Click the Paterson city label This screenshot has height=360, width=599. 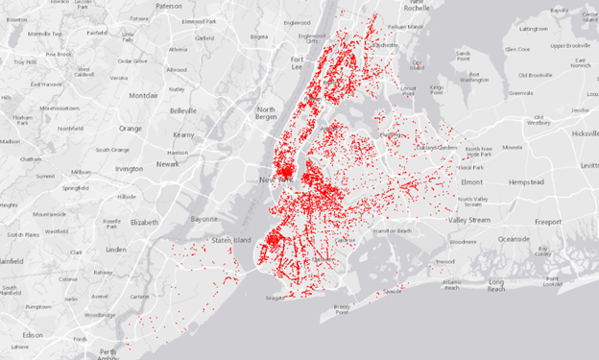(x=169, y=6)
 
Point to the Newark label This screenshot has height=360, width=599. (x=167, y=164)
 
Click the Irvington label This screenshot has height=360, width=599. (x=129, y=168)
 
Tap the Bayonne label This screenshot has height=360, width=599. (x=204, y=219)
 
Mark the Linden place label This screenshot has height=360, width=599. (x=116, y=250)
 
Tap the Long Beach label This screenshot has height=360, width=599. (x=495, y=285)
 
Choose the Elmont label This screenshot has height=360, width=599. (x=472, y=181)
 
